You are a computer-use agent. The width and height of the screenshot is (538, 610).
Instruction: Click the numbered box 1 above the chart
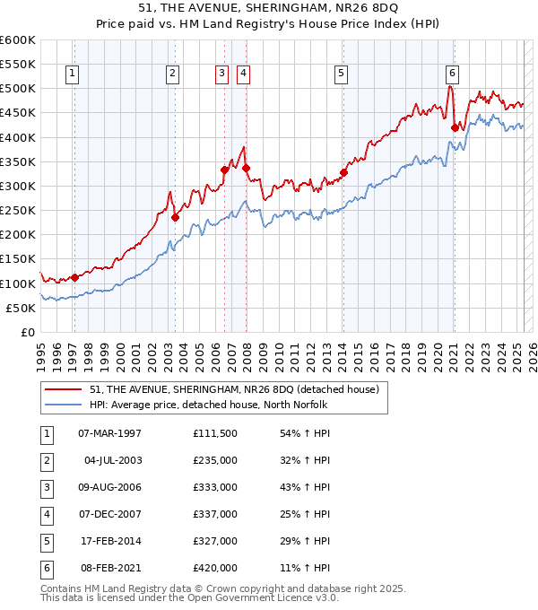tap(72, 74)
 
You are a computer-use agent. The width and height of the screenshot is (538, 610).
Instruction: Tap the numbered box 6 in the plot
tap(452, 74)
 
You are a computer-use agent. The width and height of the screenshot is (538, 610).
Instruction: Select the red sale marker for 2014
tap(343, 173)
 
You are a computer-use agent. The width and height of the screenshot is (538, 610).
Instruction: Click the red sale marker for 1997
tap(74, 277)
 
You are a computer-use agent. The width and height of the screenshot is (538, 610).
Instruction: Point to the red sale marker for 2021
tap(455, 127)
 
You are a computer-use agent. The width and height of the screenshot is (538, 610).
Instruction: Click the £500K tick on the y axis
tap(18, 89)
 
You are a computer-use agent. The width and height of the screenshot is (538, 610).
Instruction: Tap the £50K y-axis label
tap(21, 308)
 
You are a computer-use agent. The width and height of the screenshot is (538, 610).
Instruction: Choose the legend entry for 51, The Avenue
tap(235, 389)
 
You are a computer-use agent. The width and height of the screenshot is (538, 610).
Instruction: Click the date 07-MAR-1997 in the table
tap(109, 434)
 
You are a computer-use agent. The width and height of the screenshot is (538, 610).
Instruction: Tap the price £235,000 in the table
tap(215, 460)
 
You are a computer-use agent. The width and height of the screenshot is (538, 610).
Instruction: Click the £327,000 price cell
tap(215, 541)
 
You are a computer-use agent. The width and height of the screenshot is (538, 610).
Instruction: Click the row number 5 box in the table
tap(45, 541)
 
